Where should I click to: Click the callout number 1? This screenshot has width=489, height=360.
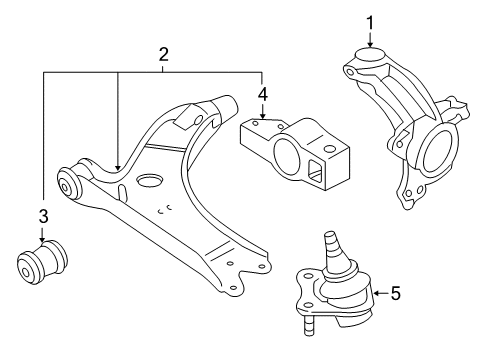(x=370, y=23)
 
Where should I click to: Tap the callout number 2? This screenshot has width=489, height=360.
(x=163, y=55)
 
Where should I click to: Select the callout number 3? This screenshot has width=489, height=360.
(x=44, y=216)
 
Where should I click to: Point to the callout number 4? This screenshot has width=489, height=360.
(x=263, y=95)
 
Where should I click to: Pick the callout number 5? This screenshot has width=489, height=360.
(x=396, y=294)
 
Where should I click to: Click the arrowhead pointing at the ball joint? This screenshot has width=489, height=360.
(x=376, y=293)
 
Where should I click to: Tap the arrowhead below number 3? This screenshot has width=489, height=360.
(x=42, y=238)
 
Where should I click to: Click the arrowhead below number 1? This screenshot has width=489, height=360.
(x=370, y=43)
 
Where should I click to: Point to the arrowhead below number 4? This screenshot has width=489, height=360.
(x=263, y=115)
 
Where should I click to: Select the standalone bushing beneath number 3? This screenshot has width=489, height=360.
(x=42, y=262)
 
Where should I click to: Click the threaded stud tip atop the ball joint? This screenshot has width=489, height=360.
(x=330, y=234)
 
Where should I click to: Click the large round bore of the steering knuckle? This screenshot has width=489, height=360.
(x=438, y=151)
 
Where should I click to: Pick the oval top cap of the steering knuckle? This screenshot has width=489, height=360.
(x=370, y=55)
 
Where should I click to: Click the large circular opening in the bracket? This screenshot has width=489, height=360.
(x=286, y=155)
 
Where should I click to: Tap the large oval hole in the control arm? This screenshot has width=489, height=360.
(x=150, y=181)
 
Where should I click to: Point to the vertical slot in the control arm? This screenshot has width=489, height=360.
(x=123, y=192)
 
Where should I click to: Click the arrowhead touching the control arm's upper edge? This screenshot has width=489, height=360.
(x=117, y=167)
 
